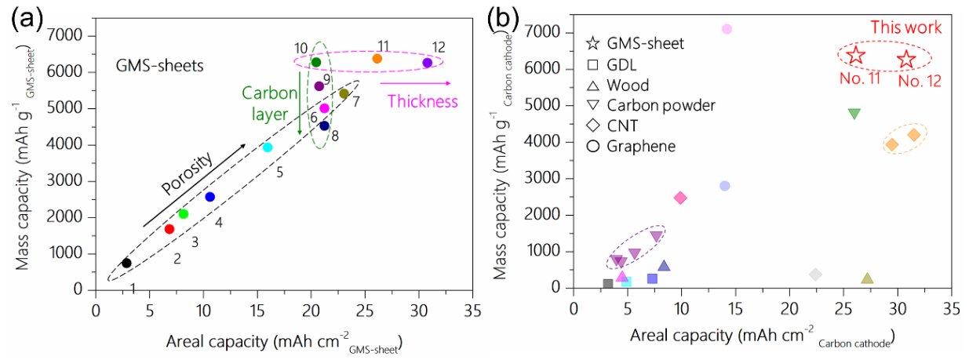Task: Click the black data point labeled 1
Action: point(126,263)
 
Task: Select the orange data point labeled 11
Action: point(377,59)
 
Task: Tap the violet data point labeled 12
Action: point(427,63)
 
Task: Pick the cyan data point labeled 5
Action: point(268,147)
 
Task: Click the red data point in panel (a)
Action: point(169,229)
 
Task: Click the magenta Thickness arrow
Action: point(415,82)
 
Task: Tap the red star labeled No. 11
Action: point(856,56)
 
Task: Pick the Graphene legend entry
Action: point(629,146)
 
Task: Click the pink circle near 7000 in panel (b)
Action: point(727,29)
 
